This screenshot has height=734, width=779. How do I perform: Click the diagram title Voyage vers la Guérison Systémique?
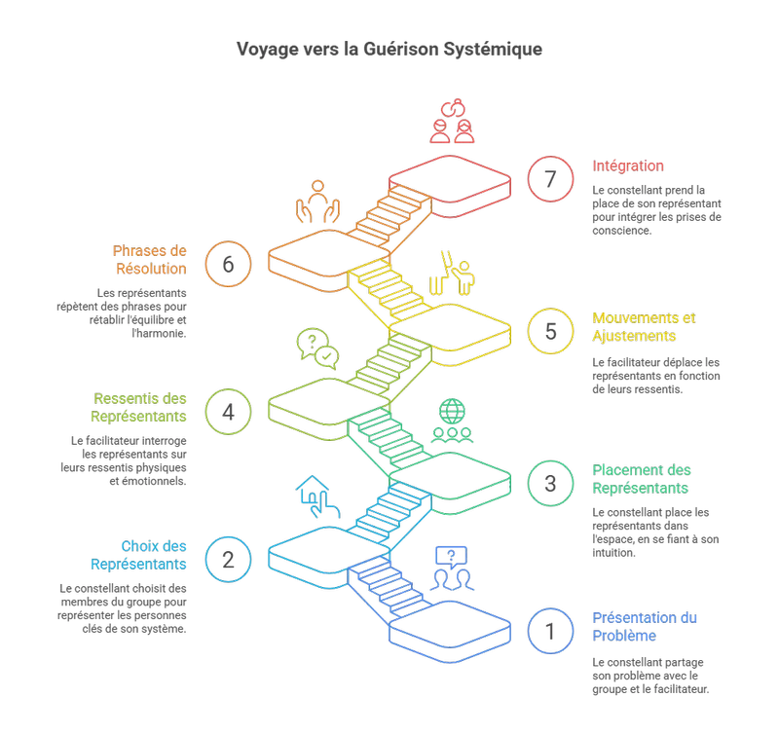(x=389, y=49)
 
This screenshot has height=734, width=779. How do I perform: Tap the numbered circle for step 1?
(x=551, y=630)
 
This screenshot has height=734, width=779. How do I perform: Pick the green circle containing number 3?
(x=551, y=482)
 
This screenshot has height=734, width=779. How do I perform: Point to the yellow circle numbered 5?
(x=551, y=331)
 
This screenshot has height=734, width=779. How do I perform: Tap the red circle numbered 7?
(x=551, y=180)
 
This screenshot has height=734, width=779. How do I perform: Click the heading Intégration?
(x=628, y=166)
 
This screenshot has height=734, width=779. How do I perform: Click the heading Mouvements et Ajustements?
(x=645, y=327)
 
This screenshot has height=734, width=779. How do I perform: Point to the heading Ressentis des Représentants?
(x=140, y=408)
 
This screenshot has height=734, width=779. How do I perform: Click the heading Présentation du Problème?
(x=646, y=627)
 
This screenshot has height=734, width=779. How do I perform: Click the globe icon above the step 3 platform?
(x=452, y=420)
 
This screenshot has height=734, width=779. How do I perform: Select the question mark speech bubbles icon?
(x=316, y=349)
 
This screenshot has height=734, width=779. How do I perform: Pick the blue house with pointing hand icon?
(x=318, y=497)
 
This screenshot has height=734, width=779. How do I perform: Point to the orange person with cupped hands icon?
(x=317, y=202)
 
